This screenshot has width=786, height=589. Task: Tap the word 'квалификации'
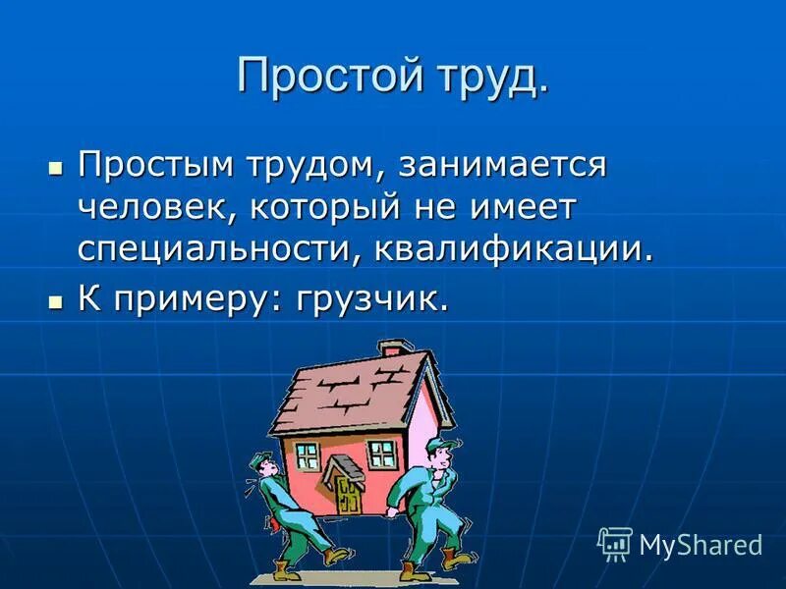pyautogui.click(x=512, y=247)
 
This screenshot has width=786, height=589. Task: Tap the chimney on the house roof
pyautogui.click(x=391, y=349)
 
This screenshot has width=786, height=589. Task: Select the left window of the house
pyautogui.click(x=308, y=455)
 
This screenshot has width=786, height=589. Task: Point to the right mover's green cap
pyautogui.click(x=439, y=446)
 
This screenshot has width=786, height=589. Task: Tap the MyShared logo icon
pyautogui.click(x=614, y=543)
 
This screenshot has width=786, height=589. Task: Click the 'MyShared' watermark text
pyautogui.click(x=701, y=545)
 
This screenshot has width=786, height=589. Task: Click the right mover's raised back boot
pyautogui.click(x=450, y=558)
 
